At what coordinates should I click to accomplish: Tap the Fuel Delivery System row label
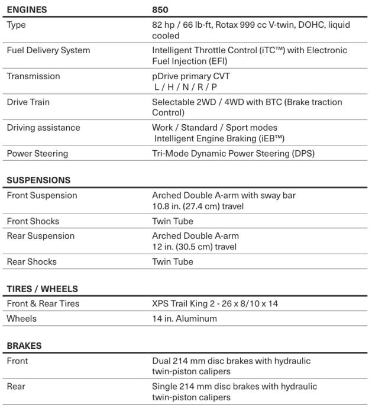48,50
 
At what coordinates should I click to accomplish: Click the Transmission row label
33,76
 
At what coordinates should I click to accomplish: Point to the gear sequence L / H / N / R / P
185,87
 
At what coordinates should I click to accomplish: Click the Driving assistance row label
43,128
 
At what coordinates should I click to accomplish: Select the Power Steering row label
37,153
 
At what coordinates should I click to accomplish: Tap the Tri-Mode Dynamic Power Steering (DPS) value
234,153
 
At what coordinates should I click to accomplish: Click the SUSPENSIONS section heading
38,180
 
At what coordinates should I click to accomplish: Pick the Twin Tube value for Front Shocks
173,221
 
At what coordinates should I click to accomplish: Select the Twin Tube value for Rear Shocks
173,262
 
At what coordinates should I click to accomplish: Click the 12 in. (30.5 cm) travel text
195,247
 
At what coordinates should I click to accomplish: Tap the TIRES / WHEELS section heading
42,289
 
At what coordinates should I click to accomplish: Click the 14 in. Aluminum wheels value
185,319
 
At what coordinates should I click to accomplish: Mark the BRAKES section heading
24,345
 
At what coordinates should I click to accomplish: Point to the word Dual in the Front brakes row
162,360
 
